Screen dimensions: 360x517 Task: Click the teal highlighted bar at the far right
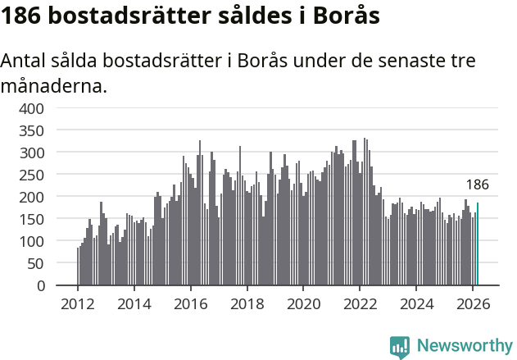(478, 244)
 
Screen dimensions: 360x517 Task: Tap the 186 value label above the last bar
(478, 185)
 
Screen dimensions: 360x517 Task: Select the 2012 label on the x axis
(78, 303)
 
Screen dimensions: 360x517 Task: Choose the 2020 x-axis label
(303, 303)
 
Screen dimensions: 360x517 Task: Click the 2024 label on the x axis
(416, 303)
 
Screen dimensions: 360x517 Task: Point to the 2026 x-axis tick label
(473, 303)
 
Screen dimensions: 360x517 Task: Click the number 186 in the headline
(24, 16)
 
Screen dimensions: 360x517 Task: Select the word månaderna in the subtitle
(54, 85)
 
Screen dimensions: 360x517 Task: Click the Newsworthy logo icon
(400, 347)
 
